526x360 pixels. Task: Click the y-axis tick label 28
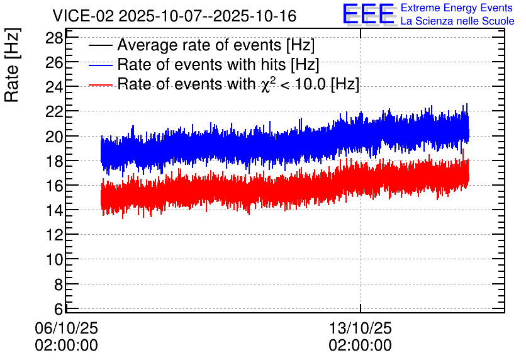pos(54,38)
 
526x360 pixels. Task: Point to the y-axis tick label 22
pos(54,112)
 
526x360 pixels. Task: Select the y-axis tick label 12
pos(54,235)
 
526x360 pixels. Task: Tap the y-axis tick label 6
pos(59,308)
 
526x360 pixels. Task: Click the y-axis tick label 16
pos(54,186)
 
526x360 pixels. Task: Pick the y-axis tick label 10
pos(54,259)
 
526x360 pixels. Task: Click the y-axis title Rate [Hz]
pos(12,65)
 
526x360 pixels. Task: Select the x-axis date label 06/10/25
pos(67,328)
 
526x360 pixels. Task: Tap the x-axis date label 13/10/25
pos(361,328)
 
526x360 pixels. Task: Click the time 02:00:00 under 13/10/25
pos(361,345)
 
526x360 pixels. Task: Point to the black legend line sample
pos(100,45)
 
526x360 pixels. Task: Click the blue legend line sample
pos(100,65)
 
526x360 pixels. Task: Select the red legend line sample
pos(100,84)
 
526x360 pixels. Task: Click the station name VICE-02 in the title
pos(84,16)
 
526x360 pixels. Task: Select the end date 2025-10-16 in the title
pos(255,16)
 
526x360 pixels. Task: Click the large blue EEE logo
pos(369,14)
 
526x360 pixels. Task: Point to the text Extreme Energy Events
pos(457,8)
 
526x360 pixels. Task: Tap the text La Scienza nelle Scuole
pos(457,21)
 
